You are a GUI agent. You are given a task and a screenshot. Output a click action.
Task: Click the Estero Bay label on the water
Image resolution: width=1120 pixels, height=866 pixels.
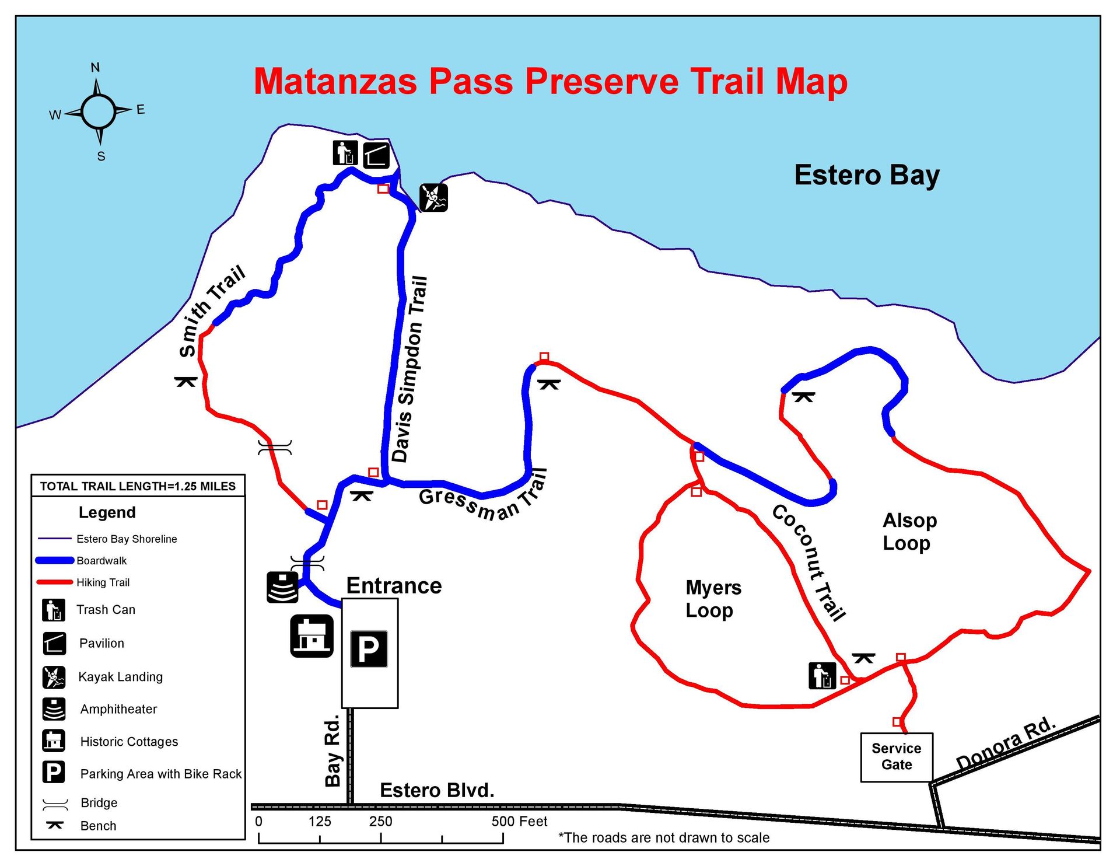coord(866,175)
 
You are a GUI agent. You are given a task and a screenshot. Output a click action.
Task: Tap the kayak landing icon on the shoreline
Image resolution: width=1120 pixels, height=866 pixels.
coord(433,197)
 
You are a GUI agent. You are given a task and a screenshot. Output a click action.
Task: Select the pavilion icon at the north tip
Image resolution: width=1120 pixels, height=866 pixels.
coord(376,155)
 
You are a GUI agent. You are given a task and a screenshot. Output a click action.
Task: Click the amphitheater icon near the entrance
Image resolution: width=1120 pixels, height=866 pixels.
coord(282,587)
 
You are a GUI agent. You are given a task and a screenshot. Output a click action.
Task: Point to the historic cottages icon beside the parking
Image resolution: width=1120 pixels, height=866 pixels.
coord(311,636)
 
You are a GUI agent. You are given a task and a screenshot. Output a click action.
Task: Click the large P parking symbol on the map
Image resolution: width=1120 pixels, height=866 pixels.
coord(369,649)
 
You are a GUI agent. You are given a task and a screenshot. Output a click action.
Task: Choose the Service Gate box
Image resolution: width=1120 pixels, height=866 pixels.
coord(896,757)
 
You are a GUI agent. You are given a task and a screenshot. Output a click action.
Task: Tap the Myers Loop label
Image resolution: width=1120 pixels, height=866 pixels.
coord(713,599)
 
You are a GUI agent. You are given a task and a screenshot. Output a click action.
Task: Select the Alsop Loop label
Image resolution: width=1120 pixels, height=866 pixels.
coord(909,531)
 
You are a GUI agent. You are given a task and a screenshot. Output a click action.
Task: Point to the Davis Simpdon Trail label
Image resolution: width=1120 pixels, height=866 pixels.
coord(409,369)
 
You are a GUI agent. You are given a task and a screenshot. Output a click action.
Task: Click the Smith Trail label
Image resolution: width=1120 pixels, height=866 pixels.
coord(211,310)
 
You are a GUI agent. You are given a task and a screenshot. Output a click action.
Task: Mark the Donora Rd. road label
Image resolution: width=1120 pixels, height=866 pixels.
coord(1006,743)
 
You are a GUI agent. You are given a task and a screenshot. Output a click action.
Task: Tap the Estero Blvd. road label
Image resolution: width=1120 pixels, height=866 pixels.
coord(437,790)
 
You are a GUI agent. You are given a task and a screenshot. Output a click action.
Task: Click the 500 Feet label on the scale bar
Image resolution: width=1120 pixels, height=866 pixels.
coord(519,822)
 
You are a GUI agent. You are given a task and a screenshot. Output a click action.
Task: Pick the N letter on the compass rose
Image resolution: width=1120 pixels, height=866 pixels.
coord(95,68)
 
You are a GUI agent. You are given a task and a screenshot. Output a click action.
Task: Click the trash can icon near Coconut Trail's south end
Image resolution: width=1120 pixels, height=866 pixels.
coord(822,676)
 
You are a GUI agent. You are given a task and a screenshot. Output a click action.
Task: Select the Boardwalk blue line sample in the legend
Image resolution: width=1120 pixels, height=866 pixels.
coord(55,561)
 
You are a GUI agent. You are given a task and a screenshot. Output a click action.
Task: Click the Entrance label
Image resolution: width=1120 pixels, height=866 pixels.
coord(394,586)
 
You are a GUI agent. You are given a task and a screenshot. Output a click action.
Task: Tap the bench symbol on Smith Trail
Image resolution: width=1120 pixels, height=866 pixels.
coord(186,382)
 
